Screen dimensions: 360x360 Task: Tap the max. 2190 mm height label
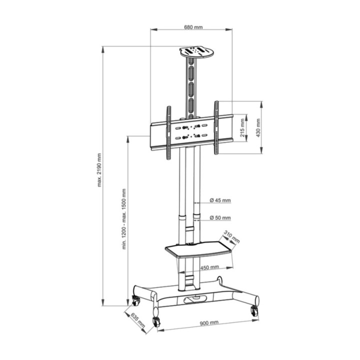[99, 170]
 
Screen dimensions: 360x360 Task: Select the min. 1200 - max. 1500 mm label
[124, 219]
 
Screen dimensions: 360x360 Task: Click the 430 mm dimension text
[258, 128]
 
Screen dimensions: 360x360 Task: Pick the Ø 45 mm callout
[220, 200]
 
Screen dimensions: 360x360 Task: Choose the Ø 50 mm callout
[220, 217]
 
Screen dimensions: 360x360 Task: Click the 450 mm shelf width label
[209, 267]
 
